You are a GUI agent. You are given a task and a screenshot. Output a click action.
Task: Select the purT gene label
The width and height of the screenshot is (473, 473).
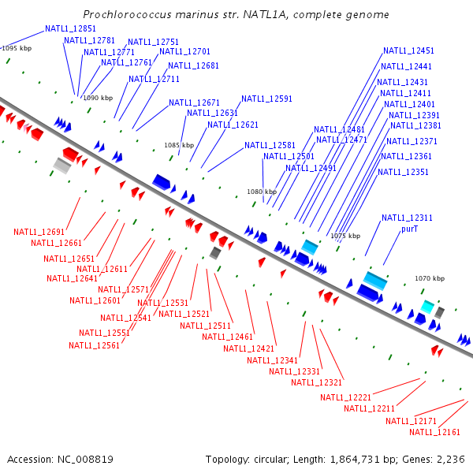point(409,229)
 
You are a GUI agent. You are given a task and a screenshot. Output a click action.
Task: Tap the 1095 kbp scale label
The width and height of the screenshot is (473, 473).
point(16,48)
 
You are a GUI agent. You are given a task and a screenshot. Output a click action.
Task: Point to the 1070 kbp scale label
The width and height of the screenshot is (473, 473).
point(430,278)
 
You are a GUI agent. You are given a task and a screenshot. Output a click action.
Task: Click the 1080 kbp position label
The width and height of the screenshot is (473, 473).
point(262,192)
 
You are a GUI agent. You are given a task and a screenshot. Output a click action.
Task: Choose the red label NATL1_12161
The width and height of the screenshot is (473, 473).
point(434,432)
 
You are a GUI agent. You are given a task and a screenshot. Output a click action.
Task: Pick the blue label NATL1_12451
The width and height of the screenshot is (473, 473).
point(408,50)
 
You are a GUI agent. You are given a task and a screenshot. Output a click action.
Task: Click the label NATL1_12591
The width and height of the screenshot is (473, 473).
point(266,99)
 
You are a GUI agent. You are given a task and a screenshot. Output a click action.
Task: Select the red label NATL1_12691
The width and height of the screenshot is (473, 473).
point(39,232)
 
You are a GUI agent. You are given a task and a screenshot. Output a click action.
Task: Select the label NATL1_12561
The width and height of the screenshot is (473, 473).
point(94,345)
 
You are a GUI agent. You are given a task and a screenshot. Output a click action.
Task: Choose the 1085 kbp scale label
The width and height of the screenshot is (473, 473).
point(178,145)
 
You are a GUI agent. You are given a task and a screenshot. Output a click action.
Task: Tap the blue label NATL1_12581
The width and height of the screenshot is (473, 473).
point(270,145)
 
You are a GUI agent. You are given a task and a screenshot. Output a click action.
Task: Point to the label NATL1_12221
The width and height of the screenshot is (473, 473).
point(345,397)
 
